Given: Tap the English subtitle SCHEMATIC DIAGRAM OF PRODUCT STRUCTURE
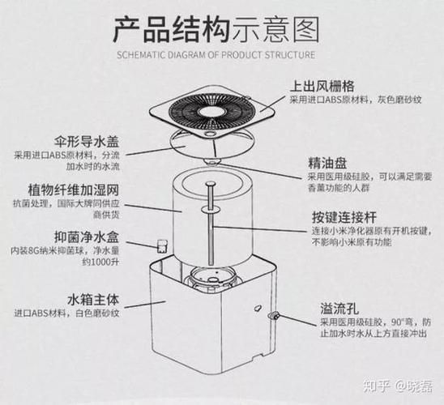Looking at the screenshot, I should pos(216,56).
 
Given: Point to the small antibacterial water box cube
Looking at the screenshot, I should pos(160,244).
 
